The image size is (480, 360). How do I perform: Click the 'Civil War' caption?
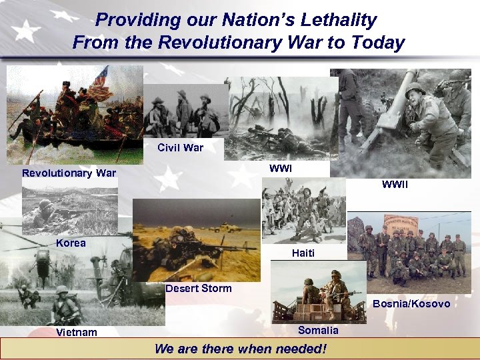[180, 147]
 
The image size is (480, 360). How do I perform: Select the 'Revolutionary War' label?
[69, 174]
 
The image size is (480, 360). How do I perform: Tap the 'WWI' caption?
[281, 169]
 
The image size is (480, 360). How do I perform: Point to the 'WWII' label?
[395, 185]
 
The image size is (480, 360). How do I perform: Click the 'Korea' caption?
[71, 243]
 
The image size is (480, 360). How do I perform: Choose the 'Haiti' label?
[303, 253]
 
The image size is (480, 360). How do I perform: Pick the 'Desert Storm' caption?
[199, 289]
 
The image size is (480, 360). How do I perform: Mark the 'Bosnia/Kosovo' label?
[411, 304]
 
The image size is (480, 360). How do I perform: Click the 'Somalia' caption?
[318, 331]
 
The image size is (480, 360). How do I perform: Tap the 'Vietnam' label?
[77, 333]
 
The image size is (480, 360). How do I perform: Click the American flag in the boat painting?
[101, 77]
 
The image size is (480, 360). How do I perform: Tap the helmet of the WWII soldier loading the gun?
[414, 89]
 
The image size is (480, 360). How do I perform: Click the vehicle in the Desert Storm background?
[227, 227]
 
